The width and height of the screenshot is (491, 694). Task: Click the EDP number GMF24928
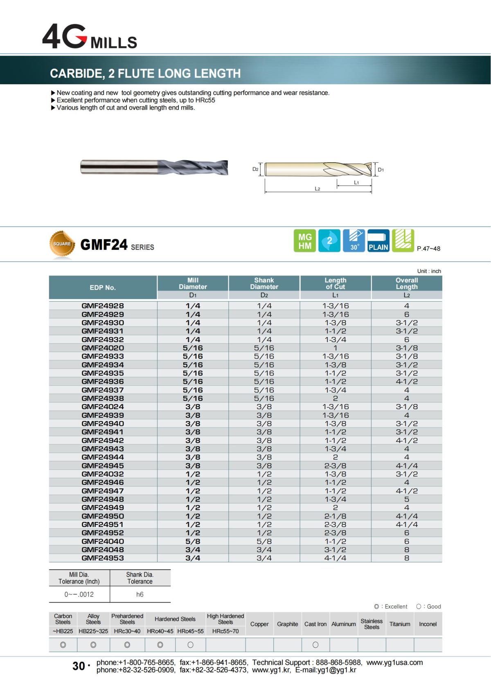point(103,306)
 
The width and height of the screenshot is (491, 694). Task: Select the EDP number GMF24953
point(103,558)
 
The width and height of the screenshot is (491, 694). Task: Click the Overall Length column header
point(406,284)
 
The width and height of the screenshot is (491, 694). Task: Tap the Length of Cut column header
point(335,284)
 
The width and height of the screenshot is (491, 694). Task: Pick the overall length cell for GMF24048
point(406,550)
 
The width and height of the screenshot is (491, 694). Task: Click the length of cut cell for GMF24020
point(335,348)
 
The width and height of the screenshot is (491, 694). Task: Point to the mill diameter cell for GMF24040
point(193,541)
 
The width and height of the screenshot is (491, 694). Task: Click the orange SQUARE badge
point(62,244)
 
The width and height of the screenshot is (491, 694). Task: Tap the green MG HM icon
point(305,241)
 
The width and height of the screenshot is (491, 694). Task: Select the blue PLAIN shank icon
point(378,241)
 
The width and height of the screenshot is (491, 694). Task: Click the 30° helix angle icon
point(354,241)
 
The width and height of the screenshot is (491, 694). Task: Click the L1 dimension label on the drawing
point(356,183)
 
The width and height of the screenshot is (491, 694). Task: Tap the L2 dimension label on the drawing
point(318,189)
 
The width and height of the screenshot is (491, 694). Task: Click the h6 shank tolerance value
point(140,594)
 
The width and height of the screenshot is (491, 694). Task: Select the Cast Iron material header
point(315,624)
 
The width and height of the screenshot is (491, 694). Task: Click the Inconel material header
point(428,624)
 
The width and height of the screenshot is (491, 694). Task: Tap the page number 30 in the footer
point(79,666)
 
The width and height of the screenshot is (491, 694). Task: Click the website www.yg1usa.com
point(394,663)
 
